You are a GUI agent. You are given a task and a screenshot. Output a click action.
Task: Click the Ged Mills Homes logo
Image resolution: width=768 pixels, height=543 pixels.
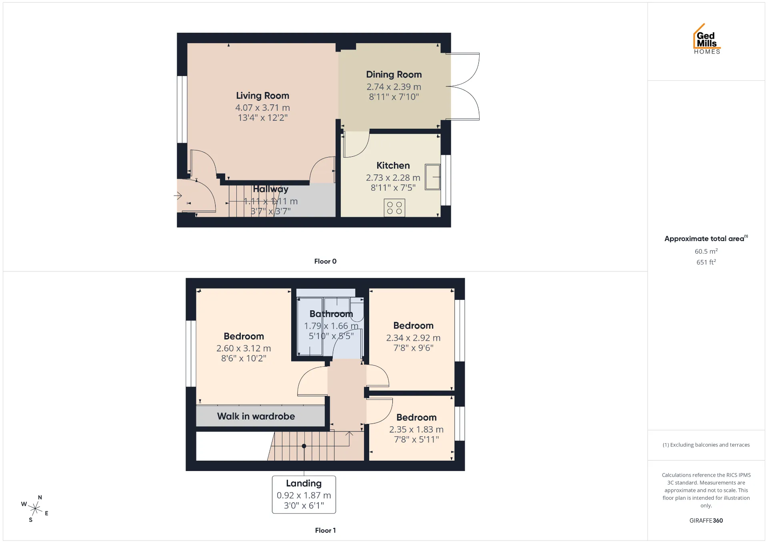(x=707, y=39)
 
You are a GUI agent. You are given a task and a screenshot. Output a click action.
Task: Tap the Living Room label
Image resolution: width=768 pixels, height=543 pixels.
(x=262, y=96)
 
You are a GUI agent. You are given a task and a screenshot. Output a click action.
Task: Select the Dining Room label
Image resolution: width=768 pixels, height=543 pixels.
(x=394, y=74)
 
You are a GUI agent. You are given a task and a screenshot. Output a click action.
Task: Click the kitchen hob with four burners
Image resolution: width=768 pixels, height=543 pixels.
(x=394, y=208)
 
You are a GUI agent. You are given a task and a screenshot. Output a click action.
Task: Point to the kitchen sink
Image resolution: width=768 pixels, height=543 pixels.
(x=432, y=177)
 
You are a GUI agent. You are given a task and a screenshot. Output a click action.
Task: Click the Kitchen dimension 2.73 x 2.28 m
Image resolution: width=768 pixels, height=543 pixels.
(x=393, y=178)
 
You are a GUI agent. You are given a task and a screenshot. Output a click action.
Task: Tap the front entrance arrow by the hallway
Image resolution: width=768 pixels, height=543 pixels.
(x=178, y=196)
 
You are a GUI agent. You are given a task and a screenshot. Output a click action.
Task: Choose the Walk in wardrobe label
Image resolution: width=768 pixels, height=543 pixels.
(x=256, y=416)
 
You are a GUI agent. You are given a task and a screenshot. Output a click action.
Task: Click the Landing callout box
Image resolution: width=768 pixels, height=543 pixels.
(x=304, y=494)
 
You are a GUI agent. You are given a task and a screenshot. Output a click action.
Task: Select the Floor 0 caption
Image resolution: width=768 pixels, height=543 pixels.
(x=325, y=261)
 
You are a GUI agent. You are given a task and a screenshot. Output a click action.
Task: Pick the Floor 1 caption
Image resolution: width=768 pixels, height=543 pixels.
(x=325, y=530)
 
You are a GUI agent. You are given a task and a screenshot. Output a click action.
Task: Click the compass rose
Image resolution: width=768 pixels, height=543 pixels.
(x=35, y=509)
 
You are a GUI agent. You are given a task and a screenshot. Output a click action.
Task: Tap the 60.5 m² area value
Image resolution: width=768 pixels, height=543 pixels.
(x=706, y=251)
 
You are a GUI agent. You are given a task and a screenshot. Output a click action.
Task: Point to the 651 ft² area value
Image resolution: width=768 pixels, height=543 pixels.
(x=706, y=262)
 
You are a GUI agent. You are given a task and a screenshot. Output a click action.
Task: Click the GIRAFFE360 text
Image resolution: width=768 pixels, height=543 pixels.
(x=706, y=521)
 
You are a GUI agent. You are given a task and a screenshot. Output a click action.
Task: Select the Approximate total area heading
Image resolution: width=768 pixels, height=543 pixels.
(x=706, y=238)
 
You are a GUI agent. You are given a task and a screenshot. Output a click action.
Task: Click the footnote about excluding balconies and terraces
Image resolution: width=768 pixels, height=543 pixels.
(x=706, y=445)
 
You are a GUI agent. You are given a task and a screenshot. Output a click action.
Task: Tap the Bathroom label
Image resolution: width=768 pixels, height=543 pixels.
(x=331, y=314)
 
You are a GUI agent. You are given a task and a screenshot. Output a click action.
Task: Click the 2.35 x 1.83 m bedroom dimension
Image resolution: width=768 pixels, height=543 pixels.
(x=416, y=429)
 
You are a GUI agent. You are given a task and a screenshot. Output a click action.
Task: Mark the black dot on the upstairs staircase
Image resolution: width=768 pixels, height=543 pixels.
(x=304, y=446)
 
